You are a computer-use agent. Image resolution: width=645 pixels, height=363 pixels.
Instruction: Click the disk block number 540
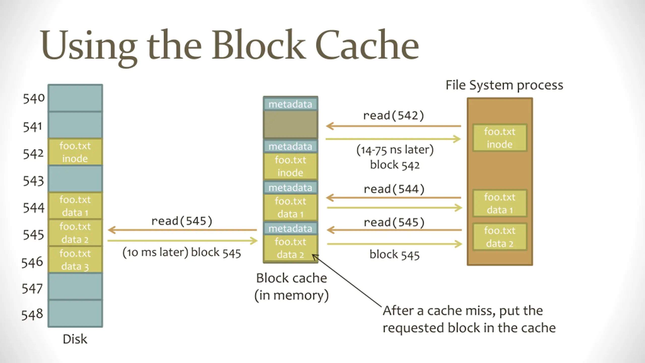point(34,98)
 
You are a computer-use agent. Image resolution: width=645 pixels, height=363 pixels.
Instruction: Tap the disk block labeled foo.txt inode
point(75,152)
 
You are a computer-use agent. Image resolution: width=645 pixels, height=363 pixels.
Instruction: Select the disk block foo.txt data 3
point(75,260)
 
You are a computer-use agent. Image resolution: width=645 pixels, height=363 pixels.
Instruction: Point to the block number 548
point(32,315)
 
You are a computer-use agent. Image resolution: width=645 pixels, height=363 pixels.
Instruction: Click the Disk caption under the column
point(75,339)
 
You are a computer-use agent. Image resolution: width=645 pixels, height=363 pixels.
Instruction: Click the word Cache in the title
point(367,45)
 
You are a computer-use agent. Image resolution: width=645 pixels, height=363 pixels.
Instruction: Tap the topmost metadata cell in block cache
point(290,104)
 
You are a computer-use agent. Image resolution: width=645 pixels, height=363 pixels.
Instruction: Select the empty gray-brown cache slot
point(290,125)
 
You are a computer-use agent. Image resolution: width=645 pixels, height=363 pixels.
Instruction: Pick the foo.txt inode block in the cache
point(290,166)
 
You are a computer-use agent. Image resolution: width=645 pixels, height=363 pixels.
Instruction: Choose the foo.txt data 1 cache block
point(290,207)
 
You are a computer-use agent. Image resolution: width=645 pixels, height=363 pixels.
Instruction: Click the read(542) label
point(394,115)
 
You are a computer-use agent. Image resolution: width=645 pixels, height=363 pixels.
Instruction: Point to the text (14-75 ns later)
point(395,150)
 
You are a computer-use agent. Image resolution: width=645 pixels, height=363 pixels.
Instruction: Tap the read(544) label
point(394,189)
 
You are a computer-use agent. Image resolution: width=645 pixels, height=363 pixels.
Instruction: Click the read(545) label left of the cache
point(182,221)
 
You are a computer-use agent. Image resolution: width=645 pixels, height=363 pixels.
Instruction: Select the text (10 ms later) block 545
point(182,253)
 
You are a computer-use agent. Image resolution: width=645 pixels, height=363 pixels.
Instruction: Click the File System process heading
point(504,85)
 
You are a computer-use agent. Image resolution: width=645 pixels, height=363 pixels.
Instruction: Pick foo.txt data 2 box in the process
point(500,237)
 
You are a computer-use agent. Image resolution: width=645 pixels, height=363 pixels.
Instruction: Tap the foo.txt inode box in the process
point(500,138)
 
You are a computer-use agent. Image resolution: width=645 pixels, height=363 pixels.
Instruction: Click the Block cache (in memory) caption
point(292,287)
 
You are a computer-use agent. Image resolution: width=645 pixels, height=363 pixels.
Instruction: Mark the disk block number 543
point(33,181)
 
